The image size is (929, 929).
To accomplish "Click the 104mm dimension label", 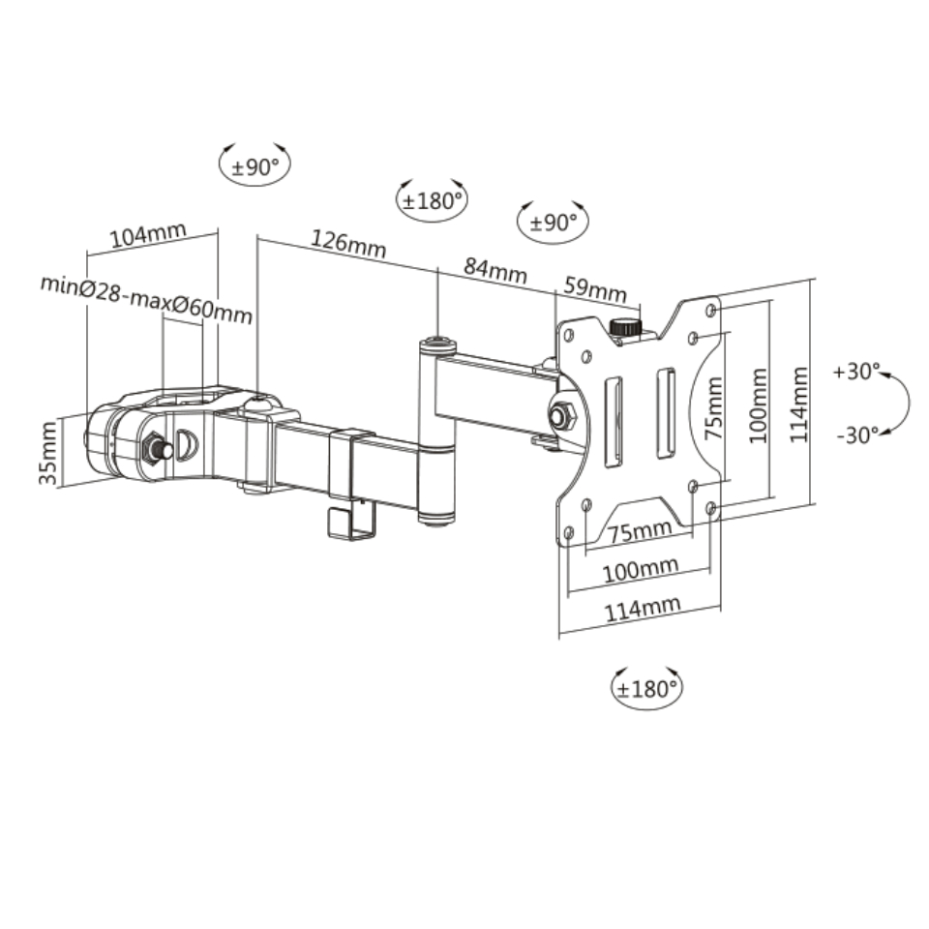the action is (x=148, y=234).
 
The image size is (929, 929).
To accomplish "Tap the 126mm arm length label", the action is (x=348, y=244).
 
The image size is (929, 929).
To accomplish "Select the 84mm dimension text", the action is (x=495, y=270).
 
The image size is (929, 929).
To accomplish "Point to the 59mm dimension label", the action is (x=595, y=289).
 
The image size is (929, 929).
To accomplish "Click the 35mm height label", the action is (x=48, y=453).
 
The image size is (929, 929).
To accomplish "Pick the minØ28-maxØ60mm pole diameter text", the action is (x=146, y=300).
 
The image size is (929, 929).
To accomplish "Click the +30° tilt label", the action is (x=856, y=372).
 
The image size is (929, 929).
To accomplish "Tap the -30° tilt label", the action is (x=858, y=435).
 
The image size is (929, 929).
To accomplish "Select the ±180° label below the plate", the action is (x=646, y=689).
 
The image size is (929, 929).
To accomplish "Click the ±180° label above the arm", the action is (x=432, y=201).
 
